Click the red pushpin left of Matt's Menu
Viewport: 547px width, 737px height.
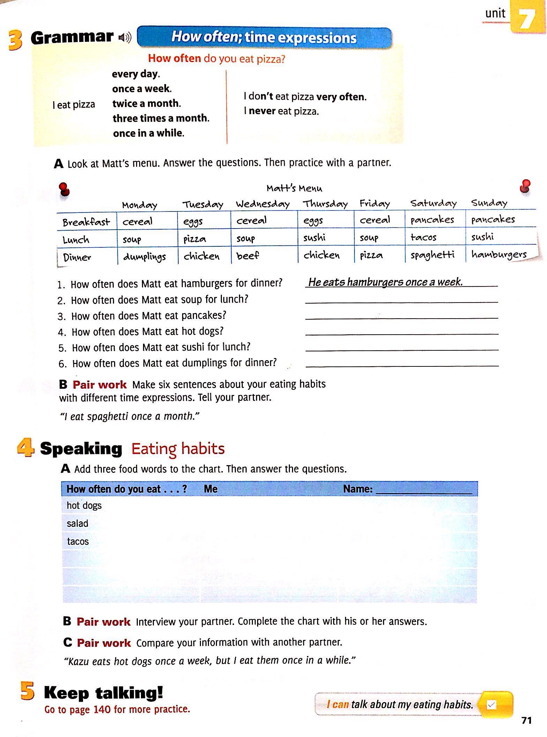point(64,189)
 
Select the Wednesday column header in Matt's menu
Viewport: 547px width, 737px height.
point(263,204)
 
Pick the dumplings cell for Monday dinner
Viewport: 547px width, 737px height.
point(144,257)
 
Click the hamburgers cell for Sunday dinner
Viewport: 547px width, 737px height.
point(499,254)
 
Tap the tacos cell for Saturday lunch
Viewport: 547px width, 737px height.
point(424,238)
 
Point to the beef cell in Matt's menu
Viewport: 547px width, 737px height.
point(248,256)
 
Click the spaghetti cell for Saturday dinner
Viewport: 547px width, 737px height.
point(433,255)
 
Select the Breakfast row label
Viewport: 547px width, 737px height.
point(86,222)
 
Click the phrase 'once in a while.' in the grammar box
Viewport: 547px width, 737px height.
point(149,133)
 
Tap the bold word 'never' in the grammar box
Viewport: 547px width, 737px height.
point(262,111)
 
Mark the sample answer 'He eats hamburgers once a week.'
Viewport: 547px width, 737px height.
point(385,282)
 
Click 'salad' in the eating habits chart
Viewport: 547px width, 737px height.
point(77,523)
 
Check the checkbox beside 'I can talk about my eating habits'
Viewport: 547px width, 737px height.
point(491,705)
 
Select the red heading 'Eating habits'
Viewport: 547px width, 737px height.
point(178,449)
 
